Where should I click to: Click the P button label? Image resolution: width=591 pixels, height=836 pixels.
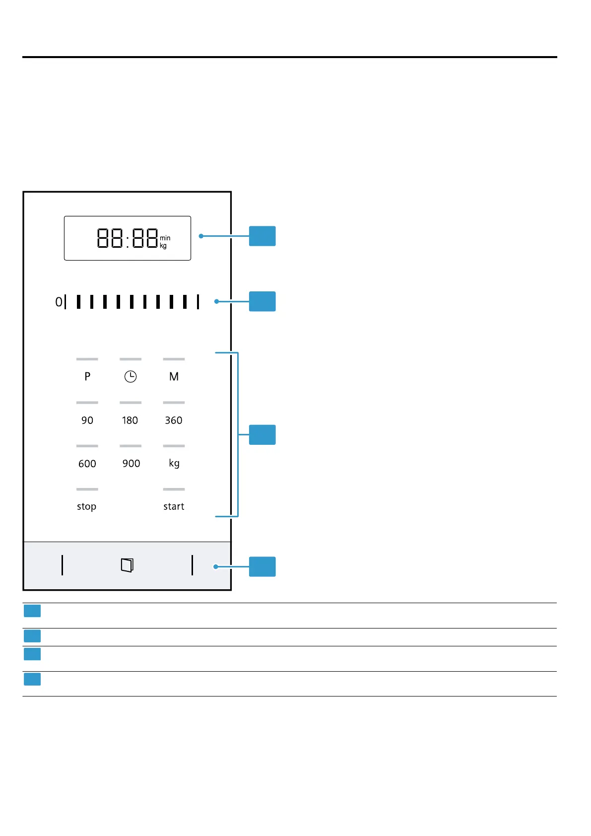coord(87,376)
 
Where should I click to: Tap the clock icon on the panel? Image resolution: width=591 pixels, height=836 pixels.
coord(131,377)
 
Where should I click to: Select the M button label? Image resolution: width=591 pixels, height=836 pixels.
coord(174,376)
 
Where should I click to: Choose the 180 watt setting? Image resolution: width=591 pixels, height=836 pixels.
coord(130,420)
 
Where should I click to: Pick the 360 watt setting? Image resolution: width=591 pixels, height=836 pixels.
coord(174,420)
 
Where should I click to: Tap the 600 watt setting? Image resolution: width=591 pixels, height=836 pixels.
coord(87,464)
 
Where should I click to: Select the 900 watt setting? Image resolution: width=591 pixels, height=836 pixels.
coord(131,464)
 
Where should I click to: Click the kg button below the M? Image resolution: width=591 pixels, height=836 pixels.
coord(174,464)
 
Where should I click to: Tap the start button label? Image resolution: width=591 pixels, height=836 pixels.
coord(174,507)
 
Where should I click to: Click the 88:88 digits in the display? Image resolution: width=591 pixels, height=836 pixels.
coord(128,238)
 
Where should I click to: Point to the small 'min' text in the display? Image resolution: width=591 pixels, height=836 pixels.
coord(165,238)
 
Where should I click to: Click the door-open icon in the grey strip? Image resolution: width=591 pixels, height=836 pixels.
coord(128,565)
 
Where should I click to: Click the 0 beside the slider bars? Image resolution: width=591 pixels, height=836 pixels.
coord(59,302)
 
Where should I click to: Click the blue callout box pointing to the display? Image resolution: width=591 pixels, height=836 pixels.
coord(262,236)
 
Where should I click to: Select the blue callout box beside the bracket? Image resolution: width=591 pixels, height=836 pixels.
coord(262,435)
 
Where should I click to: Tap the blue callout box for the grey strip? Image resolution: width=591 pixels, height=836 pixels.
coord(262,567)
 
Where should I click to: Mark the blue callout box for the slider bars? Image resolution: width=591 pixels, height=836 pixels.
coord(262,301)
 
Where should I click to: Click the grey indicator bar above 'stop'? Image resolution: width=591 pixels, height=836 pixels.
coord(87,489)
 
